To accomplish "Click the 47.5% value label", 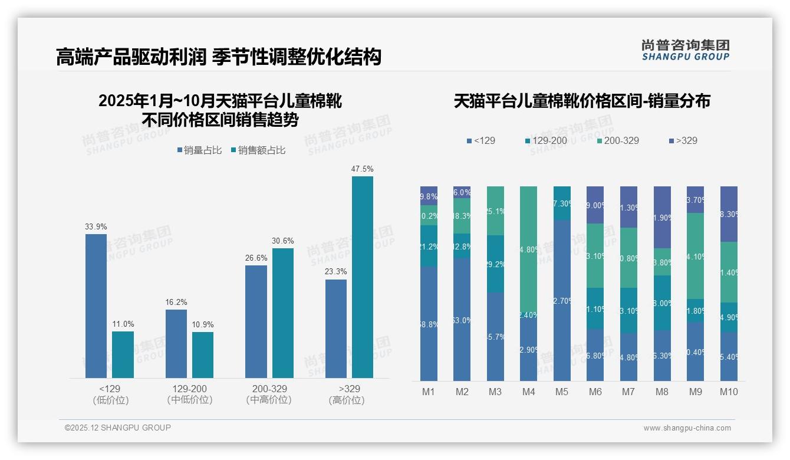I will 362,169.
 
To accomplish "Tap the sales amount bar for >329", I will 362,277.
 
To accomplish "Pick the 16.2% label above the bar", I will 176,302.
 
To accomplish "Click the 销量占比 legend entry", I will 199,150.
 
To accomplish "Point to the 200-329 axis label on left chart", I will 269,389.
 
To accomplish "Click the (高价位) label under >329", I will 347,400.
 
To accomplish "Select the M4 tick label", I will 528,392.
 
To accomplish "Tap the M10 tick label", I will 729,392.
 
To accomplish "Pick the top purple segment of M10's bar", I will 729,213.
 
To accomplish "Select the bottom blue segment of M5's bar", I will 562,301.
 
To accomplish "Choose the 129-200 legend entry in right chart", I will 548,140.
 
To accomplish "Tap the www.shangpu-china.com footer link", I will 687,428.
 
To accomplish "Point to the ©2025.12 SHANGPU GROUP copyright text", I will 118,428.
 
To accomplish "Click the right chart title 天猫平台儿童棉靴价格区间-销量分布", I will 582,101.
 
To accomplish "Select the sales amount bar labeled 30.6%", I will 282,313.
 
